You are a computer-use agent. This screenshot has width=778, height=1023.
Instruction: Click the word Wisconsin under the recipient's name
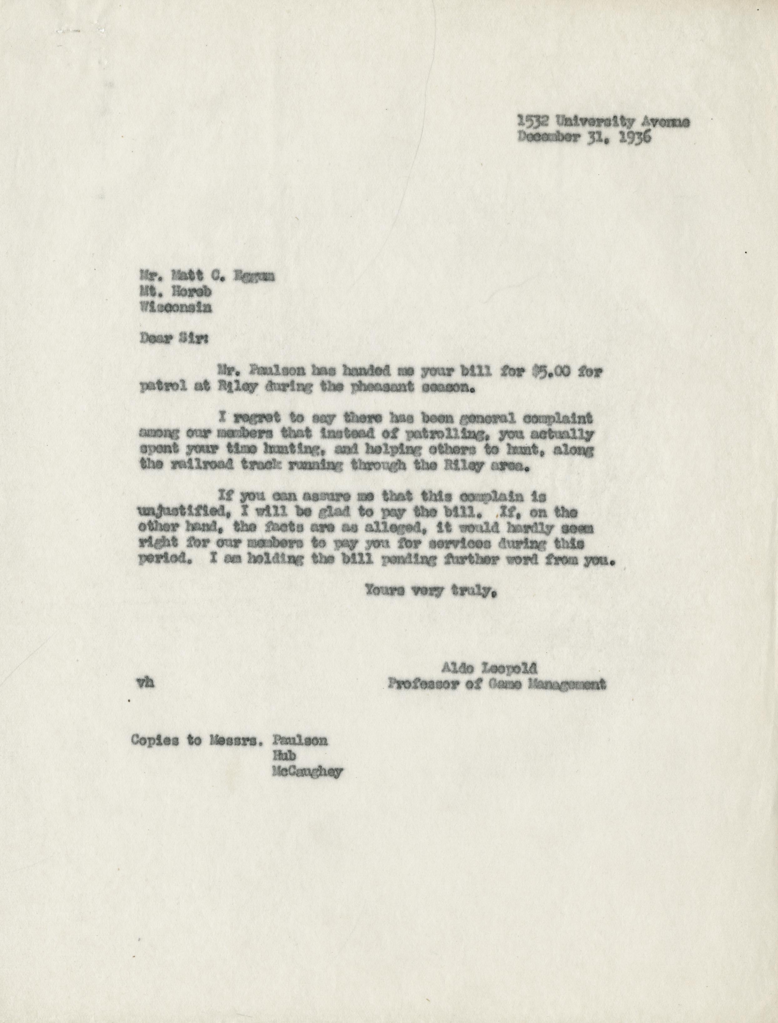click(176, 307)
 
